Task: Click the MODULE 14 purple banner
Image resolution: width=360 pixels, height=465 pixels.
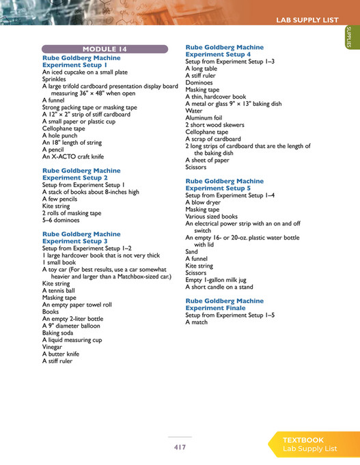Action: [x=105, y=49]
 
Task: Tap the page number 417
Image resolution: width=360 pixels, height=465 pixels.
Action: [x=180, y=447]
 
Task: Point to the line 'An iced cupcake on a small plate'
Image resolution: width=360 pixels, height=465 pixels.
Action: [x=85, y=72]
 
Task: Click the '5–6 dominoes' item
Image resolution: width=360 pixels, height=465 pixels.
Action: [x=61, y=220]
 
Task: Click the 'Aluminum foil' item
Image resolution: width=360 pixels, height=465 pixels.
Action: [x=204, y=117]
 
